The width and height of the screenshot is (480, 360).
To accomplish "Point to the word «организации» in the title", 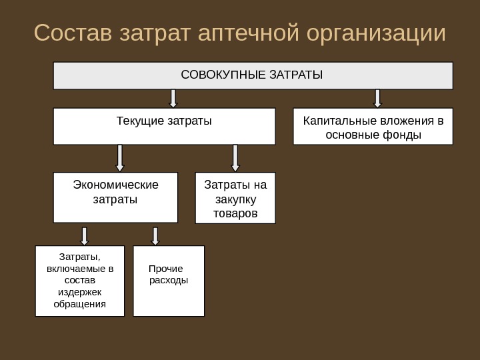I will click(376, 33).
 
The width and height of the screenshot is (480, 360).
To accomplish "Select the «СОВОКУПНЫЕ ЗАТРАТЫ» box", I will click(253, 75).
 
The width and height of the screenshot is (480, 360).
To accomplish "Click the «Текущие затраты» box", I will click(164, 126).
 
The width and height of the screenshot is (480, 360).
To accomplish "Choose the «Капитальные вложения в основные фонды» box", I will click(373, 126).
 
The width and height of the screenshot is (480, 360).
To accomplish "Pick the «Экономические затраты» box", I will click(115, 197).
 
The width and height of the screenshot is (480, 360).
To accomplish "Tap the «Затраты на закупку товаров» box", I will click(235, 198).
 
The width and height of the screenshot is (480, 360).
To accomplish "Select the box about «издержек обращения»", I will click(80, 281).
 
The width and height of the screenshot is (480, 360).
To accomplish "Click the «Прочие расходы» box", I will click(169, 281).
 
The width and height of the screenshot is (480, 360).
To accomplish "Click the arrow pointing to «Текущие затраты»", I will click(173, 98).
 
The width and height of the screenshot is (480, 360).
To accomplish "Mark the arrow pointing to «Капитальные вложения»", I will click(377, 98).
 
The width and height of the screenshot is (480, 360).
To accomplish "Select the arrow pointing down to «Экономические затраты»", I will click(120, 158).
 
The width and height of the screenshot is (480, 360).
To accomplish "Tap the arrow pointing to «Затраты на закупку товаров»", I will click(235, 158).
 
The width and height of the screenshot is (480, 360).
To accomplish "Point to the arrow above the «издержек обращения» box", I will click(85, 235).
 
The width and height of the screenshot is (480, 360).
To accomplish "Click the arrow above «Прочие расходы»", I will click(155, 235).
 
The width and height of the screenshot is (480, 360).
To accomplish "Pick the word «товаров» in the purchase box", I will click(235, 214).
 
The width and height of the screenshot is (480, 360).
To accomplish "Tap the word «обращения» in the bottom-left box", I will click(80, 304).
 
